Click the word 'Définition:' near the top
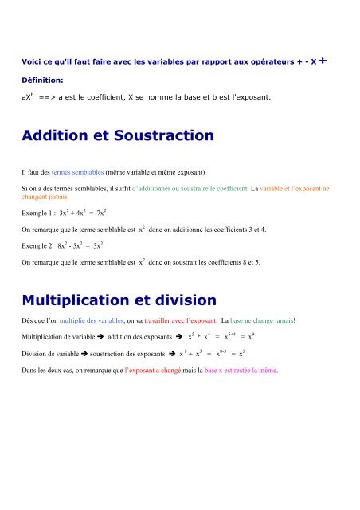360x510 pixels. tap(43, 80)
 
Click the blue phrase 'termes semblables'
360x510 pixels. tap(84, 171)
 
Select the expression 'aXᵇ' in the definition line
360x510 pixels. tap(28, 99)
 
